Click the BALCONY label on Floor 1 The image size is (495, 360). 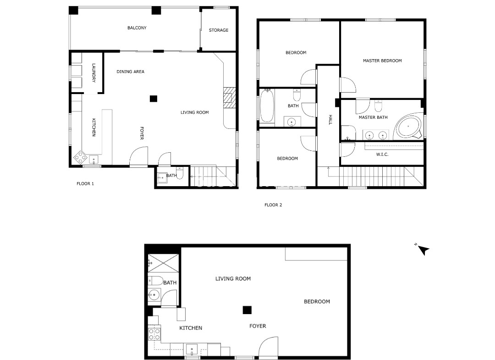coord(137,28)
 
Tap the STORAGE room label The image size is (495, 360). coord(219,30)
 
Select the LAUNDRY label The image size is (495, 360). coord(93,73)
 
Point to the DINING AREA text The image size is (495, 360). coord(130,72)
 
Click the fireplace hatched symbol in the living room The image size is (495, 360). coord(230,98)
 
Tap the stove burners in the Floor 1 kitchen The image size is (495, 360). coord(81,157)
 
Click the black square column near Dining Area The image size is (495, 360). coord(154,99)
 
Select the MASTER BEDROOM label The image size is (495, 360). coord(382,61)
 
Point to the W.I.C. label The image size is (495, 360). coord(382,155)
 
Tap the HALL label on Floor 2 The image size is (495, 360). coord(330,120)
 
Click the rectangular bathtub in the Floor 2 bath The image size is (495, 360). coord(267,105)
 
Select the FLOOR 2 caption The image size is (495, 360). coord(273,205)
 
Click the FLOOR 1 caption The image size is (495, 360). coord(85,184)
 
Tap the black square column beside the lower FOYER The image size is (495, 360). coord(247,310)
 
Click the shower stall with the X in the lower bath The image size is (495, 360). coord(163,263)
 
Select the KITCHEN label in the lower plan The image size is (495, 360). coord(191,328)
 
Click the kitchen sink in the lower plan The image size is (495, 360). coord(192,349)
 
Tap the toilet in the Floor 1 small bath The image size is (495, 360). coord(179,173)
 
